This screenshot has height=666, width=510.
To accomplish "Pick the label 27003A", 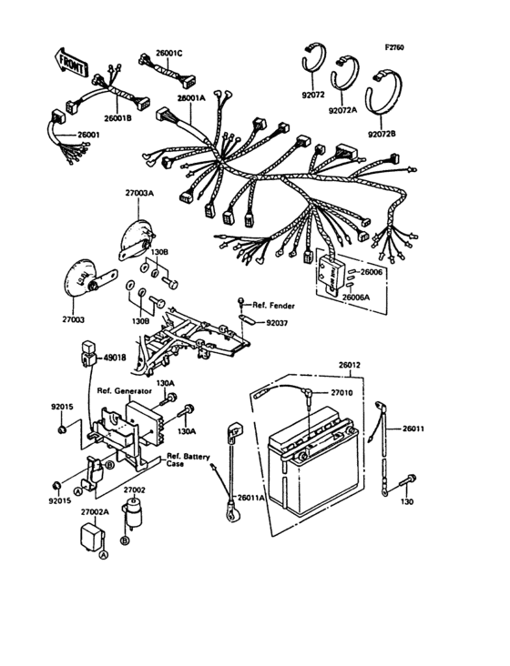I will pos(139,194).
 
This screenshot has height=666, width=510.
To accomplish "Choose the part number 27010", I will pos(341,392).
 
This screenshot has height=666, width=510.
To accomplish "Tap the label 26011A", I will pos(252,499).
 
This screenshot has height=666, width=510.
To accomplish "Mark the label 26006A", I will pos(357,296).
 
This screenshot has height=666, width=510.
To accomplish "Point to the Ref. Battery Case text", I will pos(188,459).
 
